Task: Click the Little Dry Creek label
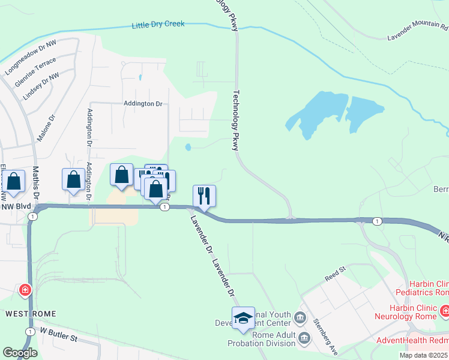158,25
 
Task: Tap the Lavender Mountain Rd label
418,30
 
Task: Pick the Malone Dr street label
46,128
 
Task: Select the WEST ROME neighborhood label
31,314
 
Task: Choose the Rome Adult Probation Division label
261,339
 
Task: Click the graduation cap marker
243,317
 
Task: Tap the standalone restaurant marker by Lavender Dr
204,195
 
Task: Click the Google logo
19,353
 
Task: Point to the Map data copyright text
423,355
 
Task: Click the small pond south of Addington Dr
188,147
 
